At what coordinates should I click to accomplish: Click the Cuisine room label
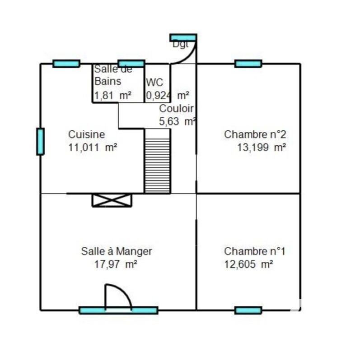click(86, 134)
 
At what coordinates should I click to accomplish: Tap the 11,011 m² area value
click(93, 147)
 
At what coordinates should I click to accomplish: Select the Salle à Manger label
click(116, 251)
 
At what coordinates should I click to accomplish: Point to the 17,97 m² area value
click(116, 264)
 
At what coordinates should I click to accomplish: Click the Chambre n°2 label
click(255, 134)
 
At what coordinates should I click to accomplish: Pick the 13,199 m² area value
click(262, 147)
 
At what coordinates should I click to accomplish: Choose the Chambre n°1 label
click(255, 251)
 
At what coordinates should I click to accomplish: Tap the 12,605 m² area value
click(248, 264)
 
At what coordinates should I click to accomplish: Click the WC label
click(154, 83)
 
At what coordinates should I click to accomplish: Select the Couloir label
click(176, 109)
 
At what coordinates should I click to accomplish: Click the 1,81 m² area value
click(112, 95)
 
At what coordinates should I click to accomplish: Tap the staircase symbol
click(157, 161)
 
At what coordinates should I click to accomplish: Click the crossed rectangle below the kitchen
click(112, 200)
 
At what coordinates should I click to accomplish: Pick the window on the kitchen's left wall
click(40, 141)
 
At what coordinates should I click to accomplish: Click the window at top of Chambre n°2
click(248, 64)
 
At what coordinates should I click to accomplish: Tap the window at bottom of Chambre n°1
click(248, 310)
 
